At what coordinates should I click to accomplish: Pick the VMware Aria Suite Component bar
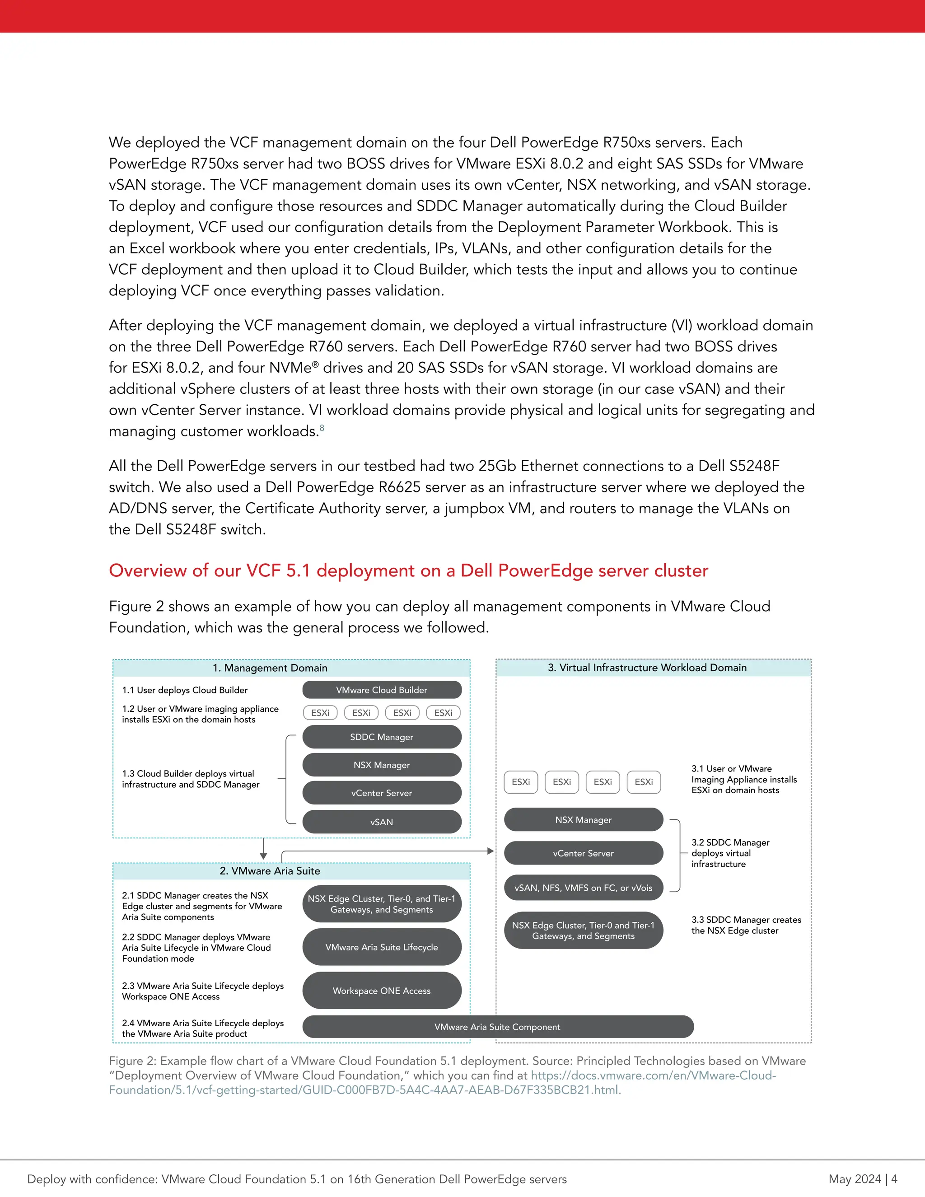click(498, 1027)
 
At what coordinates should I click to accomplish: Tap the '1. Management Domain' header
click(270, 668)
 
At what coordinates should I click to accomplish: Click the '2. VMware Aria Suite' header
click(270, 871)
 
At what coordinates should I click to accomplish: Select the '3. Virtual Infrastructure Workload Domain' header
click(647, 668)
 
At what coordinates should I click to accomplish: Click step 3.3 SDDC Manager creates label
click(745, 925)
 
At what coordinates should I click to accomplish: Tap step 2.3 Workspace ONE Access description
click(203, 991)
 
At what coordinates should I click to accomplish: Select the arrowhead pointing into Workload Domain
click(491, 851)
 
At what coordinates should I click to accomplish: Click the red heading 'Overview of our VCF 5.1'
click(408, 570)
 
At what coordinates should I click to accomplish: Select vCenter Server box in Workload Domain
click(583, 853)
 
